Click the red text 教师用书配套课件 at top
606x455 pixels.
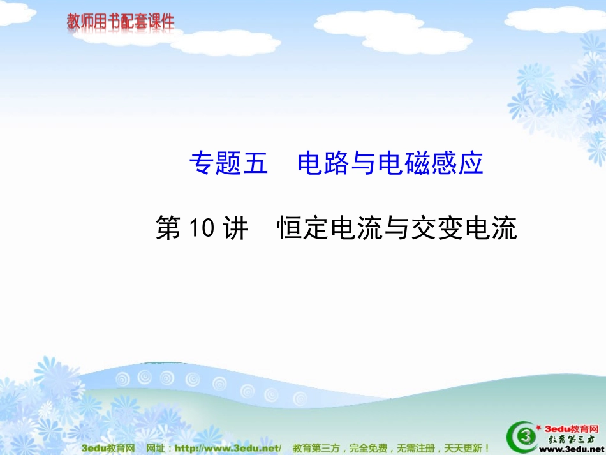point(121,22)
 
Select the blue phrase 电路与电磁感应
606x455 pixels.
point(390,164)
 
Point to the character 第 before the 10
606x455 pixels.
point(169,228)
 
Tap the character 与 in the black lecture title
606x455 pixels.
point(396,228)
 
